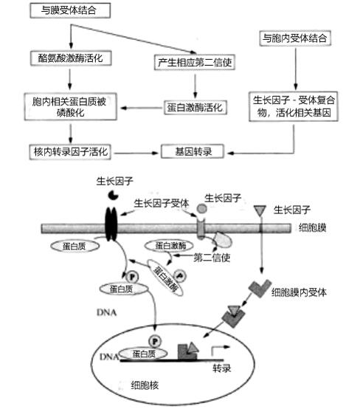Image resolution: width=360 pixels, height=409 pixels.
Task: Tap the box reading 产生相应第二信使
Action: [x=196, y=62]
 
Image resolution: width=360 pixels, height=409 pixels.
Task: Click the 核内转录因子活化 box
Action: [x=71, y=152]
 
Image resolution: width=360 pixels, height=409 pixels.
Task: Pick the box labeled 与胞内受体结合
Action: [x=294, y=37]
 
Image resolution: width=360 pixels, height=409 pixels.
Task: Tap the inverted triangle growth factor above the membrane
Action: [x=260, y=214]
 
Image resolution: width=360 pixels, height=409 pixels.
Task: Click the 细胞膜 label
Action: [x=315, y=229]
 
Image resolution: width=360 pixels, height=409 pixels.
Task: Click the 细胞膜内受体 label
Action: [x=299, y=292]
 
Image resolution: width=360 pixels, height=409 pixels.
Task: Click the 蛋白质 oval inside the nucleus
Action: [x=145, y=354]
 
